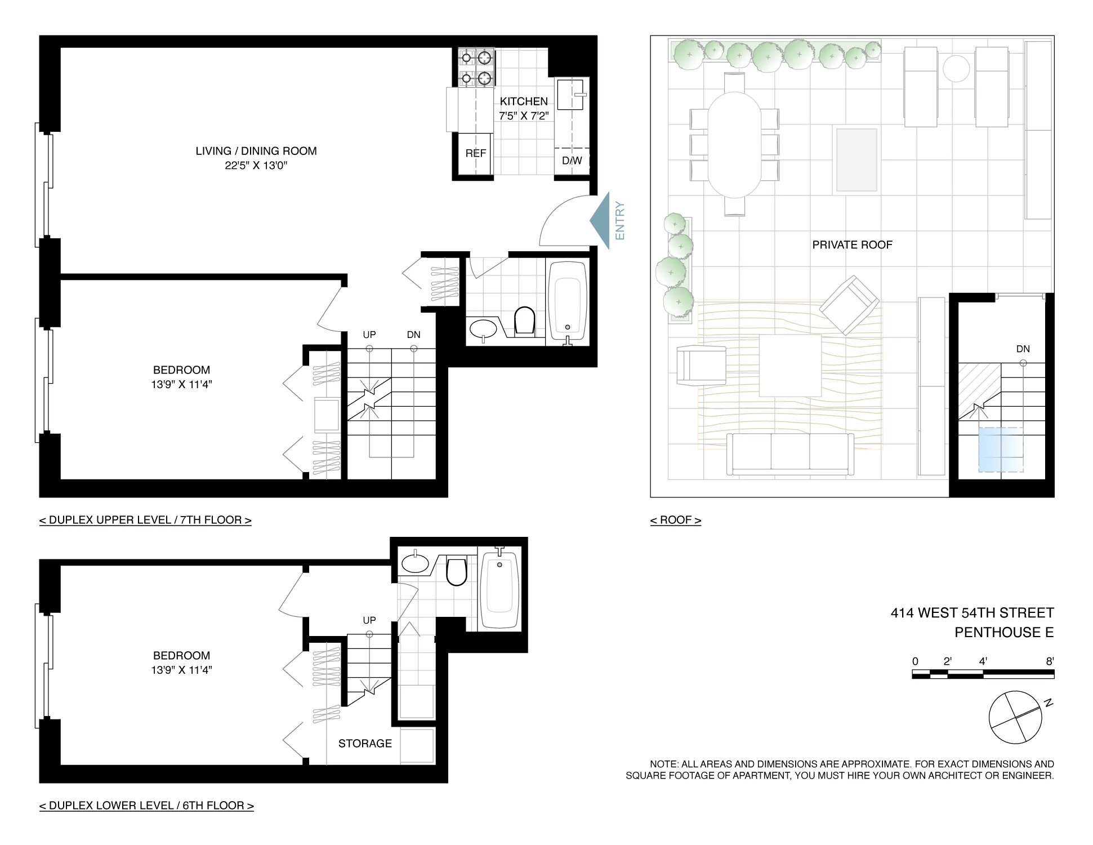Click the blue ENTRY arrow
[x=601, y=220]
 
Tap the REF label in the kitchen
[x=476, y=153]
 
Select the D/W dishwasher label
[x=572, y=161]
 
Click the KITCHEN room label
[x=524, y=101]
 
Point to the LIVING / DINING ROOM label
[x=256, y=151]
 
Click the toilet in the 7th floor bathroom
[x=524, y=321]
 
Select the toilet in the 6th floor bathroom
[x=457, y=571]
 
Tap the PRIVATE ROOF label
[x=852, y=245]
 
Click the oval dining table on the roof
[x=734, y=144]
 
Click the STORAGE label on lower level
[x=365, y=744]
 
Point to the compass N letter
[x=1049, y=703]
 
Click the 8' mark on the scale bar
[x=1050, y=661]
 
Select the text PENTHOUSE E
[x=1003, y=633]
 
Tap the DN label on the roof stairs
[x=1023, y=349]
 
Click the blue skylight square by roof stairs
[x=1000, y=450]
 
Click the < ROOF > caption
[x=675, y=520]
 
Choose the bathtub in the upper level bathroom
[x=568, y=301]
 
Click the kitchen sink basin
[x=569, y=94]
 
